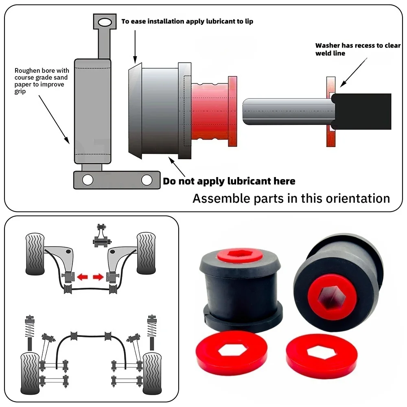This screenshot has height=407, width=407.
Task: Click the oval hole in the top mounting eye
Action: (x=105, y=22)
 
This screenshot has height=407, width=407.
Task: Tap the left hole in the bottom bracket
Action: (x=88, y=180)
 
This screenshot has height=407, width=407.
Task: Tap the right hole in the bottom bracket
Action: (x=147, y=180)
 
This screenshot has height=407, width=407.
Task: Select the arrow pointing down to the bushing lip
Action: (x=135, y=47)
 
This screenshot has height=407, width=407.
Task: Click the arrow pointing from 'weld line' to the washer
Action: (x=354, y=72)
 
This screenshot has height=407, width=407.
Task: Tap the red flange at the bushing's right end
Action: (x=232, y=112)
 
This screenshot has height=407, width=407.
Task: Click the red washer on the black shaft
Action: (x=330, y=112)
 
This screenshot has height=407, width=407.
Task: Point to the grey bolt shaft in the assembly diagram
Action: (x=289, y=112)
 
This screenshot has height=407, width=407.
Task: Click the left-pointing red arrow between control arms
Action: (x=83, y=277)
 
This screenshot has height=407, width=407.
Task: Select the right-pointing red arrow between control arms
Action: (x=98, y=277)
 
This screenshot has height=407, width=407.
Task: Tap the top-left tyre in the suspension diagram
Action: (x=35, y=254)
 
